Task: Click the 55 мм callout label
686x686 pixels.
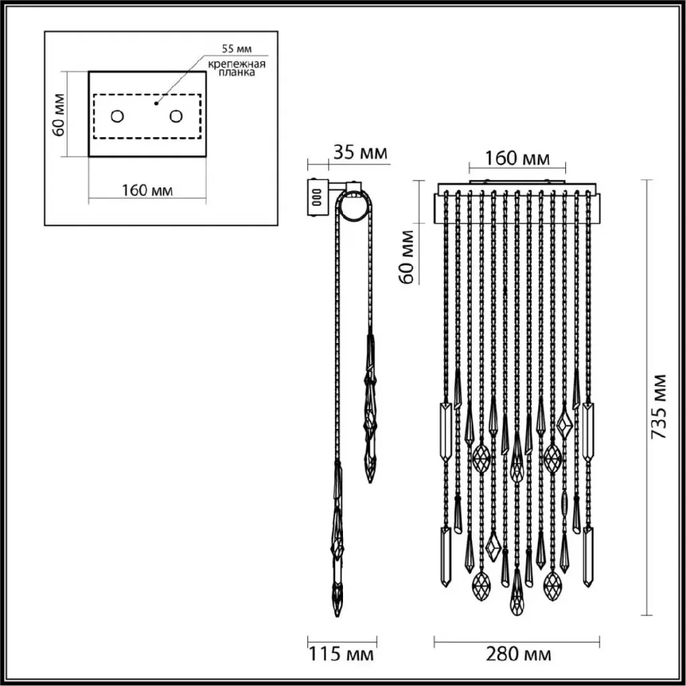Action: coord(236,48)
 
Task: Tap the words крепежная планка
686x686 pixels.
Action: coord(236,68)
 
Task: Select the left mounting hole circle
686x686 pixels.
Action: coord(117,117)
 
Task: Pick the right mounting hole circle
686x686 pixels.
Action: coord(176,117)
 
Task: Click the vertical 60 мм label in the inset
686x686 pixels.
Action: coord(59,115)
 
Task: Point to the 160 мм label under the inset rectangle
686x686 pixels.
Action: coord(147,191)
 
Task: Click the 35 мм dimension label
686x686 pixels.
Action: coord(360,153)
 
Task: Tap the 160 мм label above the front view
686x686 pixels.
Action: coord(517,158)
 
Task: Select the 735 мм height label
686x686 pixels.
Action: coord(659,407)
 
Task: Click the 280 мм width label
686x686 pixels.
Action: coord(519,655)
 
